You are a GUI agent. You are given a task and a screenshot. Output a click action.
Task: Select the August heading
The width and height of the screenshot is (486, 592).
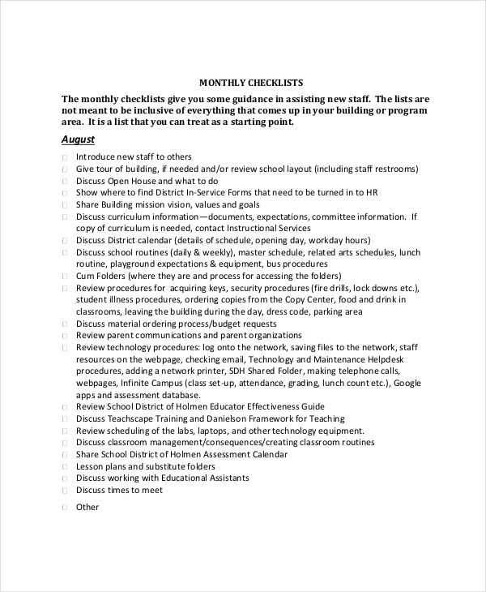pos(79,139)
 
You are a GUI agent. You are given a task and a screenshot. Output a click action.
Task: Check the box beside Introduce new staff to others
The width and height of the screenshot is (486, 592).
pos(64,157)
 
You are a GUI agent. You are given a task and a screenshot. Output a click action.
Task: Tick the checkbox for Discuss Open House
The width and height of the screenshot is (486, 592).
pos(64,182)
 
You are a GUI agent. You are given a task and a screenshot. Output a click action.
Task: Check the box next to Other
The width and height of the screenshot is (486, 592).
pos(64,508)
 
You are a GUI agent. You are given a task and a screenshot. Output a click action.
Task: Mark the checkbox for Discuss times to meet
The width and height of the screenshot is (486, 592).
pos(64,491)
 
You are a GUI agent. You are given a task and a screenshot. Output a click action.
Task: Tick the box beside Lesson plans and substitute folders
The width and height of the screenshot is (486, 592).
pos(64,467)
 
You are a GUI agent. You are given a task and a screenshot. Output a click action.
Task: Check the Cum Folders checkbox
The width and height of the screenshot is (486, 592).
pos(64,277)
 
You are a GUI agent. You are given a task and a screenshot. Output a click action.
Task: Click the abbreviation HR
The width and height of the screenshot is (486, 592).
pos(371,193)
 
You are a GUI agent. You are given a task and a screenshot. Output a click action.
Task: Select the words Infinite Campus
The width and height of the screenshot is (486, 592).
pos(151,382)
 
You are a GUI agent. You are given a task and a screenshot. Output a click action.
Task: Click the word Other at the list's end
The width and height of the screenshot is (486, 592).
pos(87,508)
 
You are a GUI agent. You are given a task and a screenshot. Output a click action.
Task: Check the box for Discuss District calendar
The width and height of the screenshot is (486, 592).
pos(64,241)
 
